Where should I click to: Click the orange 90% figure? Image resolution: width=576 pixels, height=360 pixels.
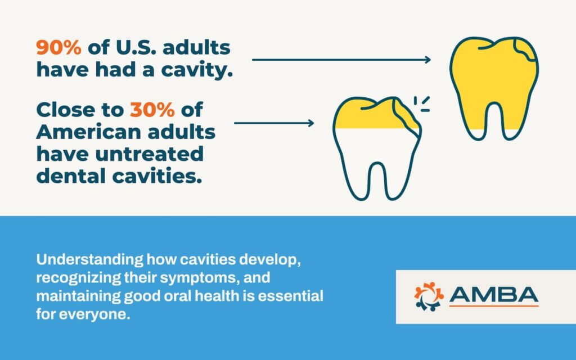[58, 48]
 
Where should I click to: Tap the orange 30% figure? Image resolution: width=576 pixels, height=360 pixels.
[152, 110]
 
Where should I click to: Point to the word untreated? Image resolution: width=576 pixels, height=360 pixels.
[149, 154]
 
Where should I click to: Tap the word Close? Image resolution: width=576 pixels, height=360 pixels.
[65, 110]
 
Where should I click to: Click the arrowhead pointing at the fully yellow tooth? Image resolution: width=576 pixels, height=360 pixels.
[427, 60]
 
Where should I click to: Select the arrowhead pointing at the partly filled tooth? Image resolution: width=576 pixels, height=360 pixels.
[310, 123]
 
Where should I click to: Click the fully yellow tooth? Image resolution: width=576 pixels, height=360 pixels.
[494, 88]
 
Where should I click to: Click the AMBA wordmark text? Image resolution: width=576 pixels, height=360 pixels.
[494, 294]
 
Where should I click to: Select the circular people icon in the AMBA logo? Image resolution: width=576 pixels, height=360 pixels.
[429, 296]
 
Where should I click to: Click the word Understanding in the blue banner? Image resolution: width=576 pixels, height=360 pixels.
[89, 260]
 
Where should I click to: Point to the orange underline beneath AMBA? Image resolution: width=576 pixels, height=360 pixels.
[494, 305]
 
